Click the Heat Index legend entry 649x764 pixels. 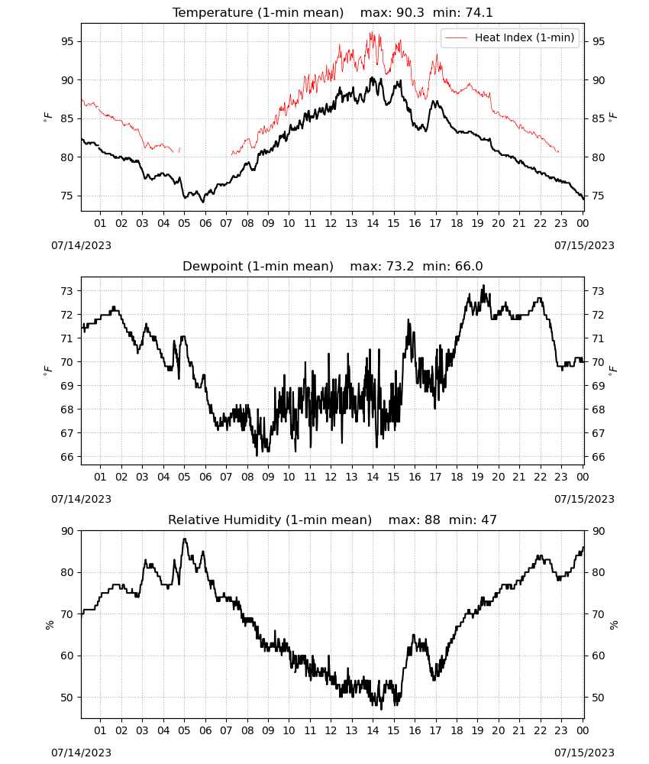[x=510, y=37]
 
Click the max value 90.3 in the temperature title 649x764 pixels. [x=410, y=12]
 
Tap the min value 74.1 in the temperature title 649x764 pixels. [x=479, y=12]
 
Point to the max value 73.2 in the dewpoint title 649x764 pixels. [x=400, y=266]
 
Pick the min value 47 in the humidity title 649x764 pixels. [x=489, y=520]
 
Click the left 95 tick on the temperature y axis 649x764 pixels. [x=67, y=41]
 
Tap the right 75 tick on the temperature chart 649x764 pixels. [x=599, y=196]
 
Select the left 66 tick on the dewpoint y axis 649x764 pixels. [x=67, y=457]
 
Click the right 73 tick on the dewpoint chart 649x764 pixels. [x=599, y=291]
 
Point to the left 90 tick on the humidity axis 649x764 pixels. [x=67, y=531]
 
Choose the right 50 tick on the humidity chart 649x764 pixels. [x=599, y=698]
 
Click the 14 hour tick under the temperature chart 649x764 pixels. [x=373, y=223]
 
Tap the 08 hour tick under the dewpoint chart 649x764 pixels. [x=247, y=477]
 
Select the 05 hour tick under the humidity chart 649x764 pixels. [x=184, y=730]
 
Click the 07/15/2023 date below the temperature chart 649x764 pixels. [x=584, y=245]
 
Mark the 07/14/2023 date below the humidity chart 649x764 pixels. [x=81, y=753]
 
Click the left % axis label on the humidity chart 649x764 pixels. [x=49, y=625]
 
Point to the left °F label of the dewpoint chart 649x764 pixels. [x=47, y=371]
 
